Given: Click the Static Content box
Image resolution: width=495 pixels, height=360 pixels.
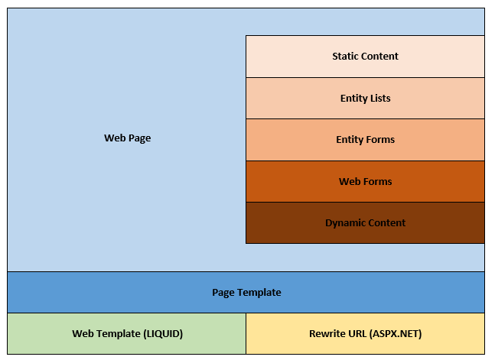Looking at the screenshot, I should pyautogui.click(x=365, y=57).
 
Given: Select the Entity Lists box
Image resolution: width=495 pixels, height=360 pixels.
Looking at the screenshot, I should pyautogui.click(x=365, y=99).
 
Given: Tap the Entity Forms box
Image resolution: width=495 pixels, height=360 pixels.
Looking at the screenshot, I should pyautogui.click(x=365, y=140).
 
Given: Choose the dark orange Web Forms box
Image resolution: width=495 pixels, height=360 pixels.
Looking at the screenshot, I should pyautogui.click(x=365, y=182).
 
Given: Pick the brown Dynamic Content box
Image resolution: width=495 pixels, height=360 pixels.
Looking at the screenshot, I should pyautogui.click(x=365, y=223).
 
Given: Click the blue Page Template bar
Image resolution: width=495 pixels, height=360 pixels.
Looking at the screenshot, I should pyautogui.click(x=246, y=293).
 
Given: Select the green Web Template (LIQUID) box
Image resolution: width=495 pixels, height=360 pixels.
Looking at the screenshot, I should pyautogui.click(x=127, y=334).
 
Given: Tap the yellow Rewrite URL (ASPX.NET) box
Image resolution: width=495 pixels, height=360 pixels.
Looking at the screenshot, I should pyautogui.click(x=365, y=334).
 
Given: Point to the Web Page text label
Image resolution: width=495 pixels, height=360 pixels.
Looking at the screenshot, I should pyautogui.click(x=127, y=138).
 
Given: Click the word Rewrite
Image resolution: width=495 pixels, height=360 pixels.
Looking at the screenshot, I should pyautogui.click(x=326, y=334).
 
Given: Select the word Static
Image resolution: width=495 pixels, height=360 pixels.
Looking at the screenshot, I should pyautogui.click(x=345, y=57).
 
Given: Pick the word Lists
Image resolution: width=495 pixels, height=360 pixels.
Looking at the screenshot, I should pyautogui.click(x=379, y=99).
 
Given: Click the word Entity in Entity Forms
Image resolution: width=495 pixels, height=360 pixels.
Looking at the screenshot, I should pyautogui.click(x=350, y=140).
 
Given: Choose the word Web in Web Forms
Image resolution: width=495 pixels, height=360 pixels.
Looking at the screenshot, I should pyautogui.click(x=349, y=182).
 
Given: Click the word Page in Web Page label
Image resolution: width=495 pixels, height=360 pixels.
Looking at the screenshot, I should pyautogui.click(x=139, y=138).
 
